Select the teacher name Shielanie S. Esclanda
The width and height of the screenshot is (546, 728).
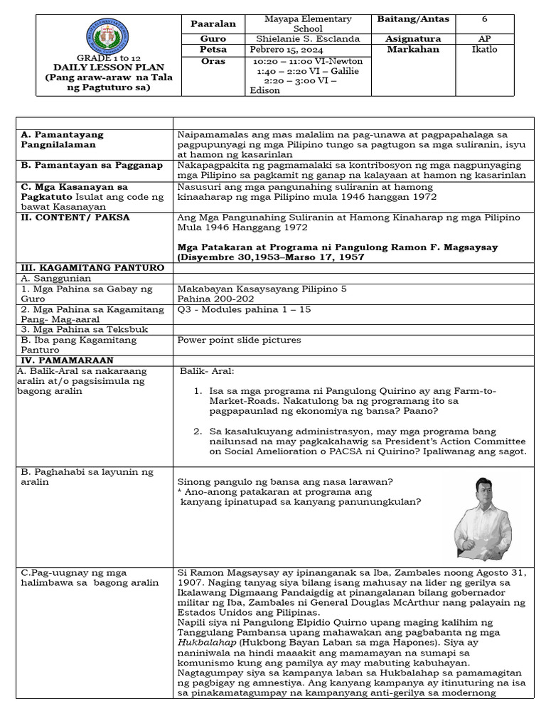click(307, 38)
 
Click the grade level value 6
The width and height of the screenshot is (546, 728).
click(483, 19)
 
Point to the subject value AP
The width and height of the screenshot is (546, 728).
click(483, 38)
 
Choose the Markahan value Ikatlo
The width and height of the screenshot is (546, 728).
click(483, 50)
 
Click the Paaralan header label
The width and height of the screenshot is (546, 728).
click(213, 23)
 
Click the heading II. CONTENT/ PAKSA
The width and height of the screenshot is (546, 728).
click(75, 218)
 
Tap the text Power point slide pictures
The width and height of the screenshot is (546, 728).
click(239, 340)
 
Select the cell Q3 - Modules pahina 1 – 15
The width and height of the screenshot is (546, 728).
click(245, 310)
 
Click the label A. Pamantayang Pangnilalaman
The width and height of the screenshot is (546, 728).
click(62, 139)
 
